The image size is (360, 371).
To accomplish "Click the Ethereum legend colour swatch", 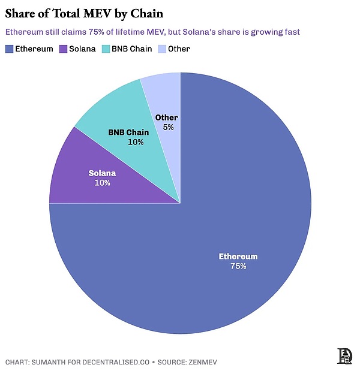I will [x=10, y=49].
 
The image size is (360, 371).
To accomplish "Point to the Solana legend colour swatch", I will [x=64, y=49].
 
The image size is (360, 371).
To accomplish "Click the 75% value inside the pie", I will [x=238, y=266].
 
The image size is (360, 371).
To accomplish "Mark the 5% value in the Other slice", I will [x=168, y=127].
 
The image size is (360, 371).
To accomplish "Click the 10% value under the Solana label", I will [x=102, y=182].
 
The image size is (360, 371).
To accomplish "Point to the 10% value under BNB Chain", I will [x=136, y=142].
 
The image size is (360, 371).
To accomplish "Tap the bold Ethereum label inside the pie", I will [x=238, y=257].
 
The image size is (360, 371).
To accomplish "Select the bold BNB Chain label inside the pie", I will [x=128, y=132].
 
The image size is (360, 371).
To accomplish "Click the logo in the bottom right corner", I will [x=346, y=355].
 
